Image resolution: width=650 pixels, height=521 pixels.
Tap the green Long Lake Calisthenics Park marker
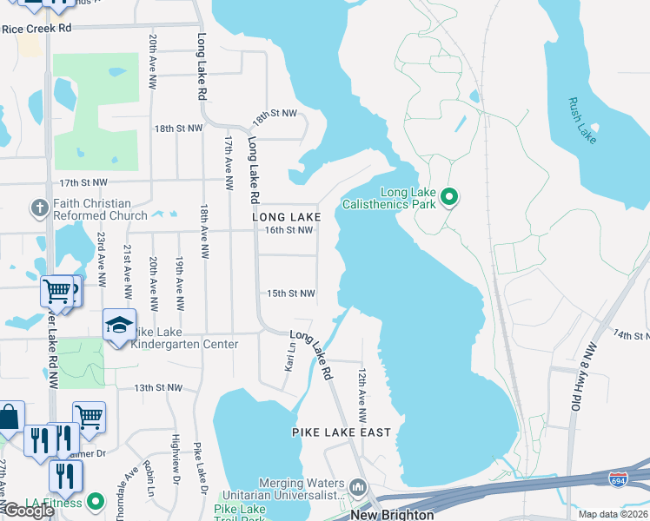click(449, 198)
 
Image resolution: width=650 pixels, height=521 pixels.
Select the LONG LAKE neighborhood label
click(287, 216)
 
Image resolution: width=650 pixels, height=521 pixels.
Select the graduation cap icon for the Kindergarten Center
click(119, 326)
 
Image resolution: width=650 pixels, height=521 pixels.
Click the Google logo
click(28, 511)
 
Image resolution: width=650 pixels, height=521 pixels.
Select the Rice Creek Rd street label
click(36, 29)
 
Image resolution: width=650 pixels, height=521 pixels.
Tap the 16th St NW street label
click(289, 230)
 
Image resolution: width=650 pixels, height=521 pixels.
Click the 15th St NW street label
click(290, 293)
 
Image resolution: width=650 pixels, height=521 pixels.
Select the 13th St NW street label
click(158, 387)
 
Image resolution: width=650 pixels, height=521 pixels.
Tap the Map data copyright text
click(612, 515)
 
